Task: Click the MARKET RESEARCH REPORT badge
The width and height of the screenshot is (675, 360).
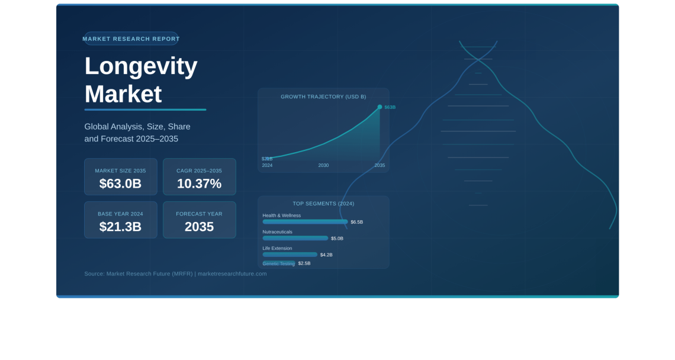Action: [x=131, y=38]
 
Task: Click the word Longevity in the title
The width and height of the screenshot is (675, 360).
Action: [x=141, y=66]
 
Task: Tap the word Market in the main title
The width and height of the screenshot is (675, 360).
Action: [x=123, y=94]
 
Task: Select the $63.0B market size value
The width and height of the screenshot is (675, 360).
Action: [x=120, y=184]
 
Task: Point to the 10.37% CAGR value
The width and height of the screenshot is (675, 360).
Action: [x=199, y=184]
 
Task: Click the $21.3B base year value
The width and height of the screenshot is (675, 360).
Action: [x=120, y=227]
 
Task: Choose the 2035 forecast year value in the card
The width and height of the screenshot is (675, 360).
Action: [x=199, y=227]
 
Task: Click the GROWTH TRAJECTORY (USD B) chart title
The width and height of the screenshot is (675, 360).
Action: [x=323, y=97]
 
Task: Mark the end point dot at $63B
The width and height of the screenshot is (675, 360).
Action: [x=380, y=107]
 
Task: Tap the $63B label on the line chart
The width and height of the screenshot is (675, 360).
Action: [x=390, y=107]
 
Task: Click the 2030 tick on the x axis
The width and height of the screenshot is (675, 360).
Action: [x=323, y=165]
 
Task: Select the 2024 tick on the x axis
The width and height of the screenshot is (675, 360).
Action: [x=267, y=165]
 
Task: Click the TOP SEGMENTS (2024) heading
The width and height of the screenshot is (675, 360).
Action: [x=323, y=204]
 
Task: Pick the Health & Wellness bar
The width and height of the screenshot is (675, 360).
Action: [x=305, y=222]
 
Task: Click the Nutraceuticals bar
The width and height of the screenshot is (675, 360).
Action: [x=295, y=238]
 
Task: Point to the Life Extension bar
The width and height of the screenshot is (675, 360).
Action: [x=290, y=255]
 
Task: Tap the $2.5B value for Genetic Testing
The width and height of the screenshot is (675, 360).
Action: [x=304, y=263]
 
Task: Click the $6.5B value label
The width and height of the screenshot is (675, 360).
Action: [x=356, y=222]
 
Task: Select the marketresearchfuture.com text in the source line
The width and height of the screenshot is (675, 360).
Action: [x=232, y=274]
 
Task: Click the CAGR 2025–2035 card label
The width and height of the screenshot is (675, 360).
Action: [x=199, y=171]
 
